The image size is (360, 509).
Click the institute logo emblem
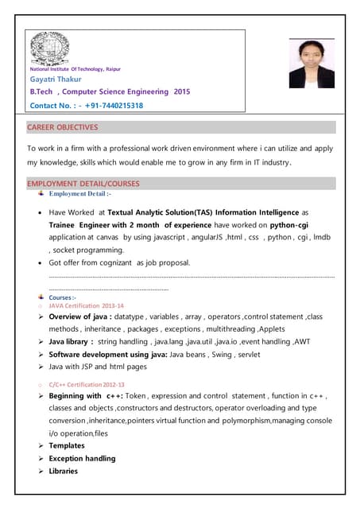(49, 49)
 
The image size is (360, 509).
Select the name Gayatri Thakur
(56, 79)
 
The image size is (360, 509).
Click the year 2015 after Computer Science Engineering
(181, 91)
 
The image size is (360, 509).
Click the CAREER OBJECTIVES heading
(63, 127)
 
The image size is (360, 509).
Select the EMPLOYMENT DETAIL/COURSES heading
(83, 184)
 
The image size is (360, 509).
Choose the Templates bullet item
(67, 446)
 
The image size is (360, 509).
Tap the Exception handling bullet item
(82, 459)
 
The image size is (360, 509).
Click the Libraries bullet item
(64, 472)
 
